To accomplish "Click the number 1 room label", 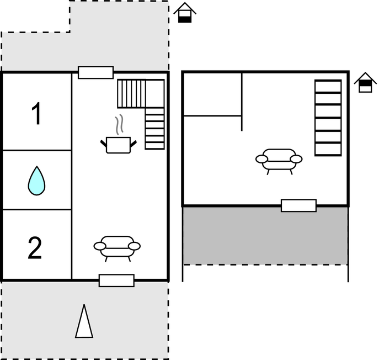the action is click(36, 114).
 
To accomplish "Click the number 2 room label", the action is click(35, 248).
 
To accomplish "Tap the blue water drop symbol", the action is click(36, 181).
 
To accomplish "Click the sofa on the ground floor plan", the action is click(117, 248).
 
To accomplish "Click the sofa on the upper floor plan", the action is click(279, 161).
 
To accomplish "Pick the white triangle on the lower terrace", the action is click(84, 321).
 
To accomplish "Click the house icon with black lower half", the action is click(185, 13).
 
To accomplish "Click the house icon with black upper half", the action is click(365, 82).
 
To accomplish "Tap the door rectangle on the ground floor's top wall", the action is click(96, 72).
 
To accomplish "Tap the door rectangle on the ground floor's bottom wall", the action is click(116, 280).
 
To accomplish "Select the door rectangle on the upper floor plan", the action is click(299, 205).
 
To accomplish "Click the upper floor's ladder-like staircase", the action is click(328, 118).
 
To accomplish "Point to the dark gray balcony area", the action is click(265, 235).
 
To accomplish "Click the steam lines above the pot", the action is click(119, 124).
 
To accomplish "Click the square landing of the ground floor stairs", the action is click(155, 93).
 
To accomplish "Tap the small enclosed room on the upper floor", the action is click(212, 94).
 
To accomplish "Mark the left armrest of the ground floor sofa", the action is click(100, 246).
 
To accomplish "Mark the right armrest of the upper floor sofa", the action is click(296, 159).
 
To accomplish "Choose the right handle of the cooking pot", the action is click(134, 144).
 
